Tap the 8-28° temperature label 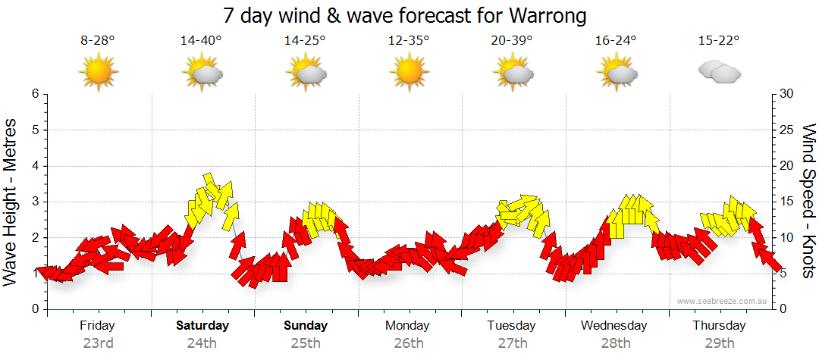(x=98, y=41)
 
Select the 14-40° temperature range (x=201, y=41)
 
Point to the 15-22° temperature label (x=719, y=41)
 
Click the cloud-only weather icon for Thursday (x=719, y=73)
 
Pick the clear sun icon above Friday (x=98, y=73)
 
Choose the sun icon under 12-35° (x=409, y=73)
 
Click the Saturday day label (x=202, y=326)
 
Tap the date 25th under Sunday (x=306, y=343)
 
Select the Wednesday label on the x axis (x=614, y=326)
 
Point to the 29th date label (x=719, y=343)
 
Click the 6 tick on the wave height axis (x=34, y=94)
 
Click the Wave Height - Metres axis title (x=12, y=202)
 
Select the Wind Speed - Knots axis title (x=808, y=202)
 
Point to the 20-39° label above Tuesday (x=512, y=41)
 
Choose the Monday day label (x=408, y=326)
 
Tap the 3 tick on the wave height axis (x=34, y=202)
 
